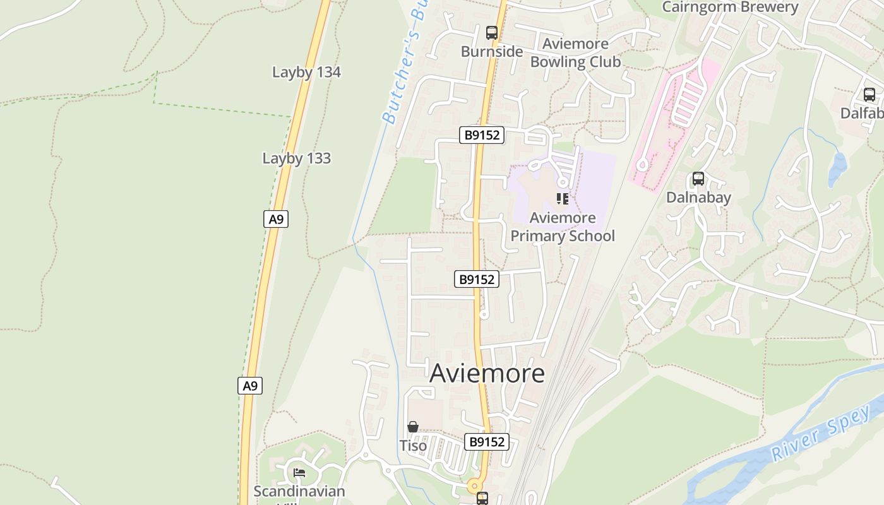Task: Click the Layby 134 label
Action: coord(306,72)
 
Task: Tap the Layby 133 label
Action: coord(296,158)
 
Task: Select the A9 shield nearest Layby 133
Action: coord(276,219)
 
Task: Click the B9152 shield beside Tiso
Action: coord(487,442)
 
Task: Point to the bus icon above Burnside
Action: coord(492,33)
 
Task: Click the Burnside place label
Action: coord(492,52)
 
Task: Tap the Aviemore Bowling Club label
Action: coord(575,53)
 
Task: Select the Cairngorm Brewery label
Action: coord(730,7)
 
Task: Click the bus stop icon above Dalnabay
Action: coord(698,179)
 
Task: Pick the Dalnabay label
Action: coord(698,198)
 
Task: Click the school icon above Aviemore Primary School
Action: coord(563,199)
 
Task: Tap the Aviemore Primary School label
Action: coord(563,227)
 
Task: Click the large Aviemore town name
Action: coord(487,373)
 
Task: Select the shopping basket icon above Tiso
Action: coord(413,427)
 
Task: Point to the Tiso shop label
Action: coord(413,446)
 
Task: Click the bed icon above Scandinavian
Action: coord(299,472)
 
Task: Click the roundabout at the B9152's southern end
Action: coord(474,486)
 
